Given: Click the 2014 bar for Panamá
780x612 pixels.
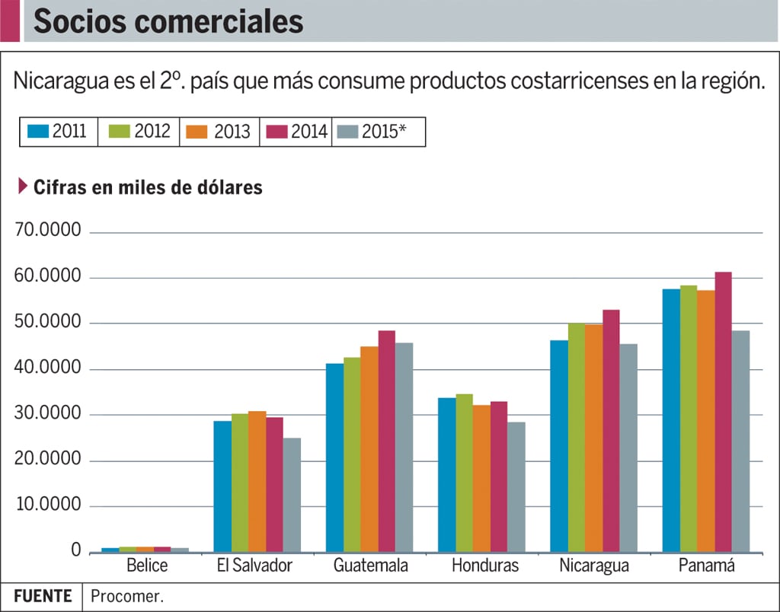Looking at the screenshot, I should click(723, 412).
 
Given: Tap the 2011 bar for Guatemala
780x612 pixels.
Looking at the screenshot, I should click(334, 457).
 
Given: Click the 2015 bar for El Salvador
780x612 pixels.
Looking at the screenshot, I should click(292, 495).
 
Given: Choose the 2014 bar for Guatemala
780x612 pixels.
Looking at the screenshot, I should click(386, 441).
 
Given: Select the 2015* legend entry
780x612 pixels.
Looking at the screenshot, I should click(379, 132).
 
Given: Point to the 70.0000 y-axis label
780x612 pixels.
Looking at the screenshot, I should click(47, 231).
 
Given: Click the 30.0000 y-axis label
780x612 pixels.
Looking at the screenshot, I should click(47, 414).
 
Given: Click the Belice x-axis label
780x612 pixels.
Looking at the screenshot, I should click(147, 566).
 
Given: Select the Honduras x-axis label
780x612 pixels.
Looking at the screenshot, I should click(484, 566).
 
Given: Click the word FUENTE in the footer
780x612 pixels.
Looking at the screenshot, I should click(43, 596).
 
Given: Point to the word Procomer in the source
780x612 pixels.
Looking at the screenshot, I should click(126, 596).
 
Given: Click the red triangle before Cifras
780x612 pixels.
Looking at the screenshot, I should click(22, 186).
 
